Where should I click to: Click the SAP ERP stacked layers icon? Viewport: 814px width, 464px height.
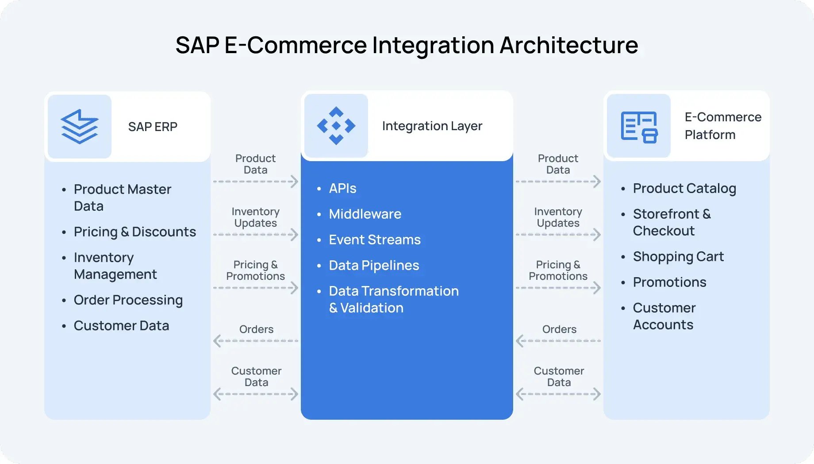pos(80,127)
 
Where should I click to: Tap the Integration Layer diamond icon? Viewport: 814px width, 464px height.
pos(336,126)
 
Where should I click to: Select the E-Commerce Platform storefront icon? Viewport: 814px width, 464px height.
pos(639,127)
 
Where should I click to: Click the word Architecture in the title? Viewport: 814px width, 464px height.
pos(568,45)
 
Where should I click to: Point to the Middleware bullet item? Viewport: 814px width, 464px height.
pos(365,214)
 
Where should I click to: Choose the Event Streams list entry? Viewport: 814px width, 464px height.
pos(375,240)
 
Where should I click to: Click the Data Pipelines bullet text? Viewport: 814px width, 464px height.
pos(374,266)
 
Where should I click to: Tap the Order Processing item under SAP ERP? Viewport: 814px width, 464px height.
pos(128,300)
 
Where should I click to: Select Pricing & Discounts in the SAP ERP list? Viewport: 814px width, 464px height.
pos(134,232)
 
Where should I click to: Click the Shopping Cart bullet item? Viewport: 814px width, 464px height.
pos(678,257)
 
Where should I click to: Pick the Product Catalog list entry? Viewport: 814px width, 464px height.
pos(684,189)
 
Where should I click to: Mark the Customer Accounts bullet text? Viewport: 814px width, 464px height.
pos(664,316)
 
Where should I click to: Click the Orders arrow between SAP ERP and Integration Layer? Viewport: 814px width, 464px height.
pos(256,341)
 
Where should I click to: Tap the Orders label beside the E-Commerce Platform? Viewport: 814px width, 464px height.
pos(559,329)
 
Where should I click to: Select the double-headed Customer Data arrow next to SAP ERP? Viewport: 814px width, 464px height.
pos(256,394)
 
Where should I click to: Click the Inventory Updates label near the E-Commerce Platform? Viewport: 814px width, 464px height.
pos(558,217)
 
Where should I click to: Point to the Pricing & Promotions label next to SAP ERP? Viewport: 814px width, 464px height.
pos(255,271)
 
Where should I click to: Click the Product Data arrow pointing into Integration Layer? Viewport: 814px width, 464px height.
pos(256,182)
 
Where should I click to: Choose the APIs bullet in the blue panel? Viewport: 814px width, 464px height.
pos(342,189)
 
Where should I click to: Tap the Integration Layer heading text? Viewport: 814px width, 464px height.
pos(432,126)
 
